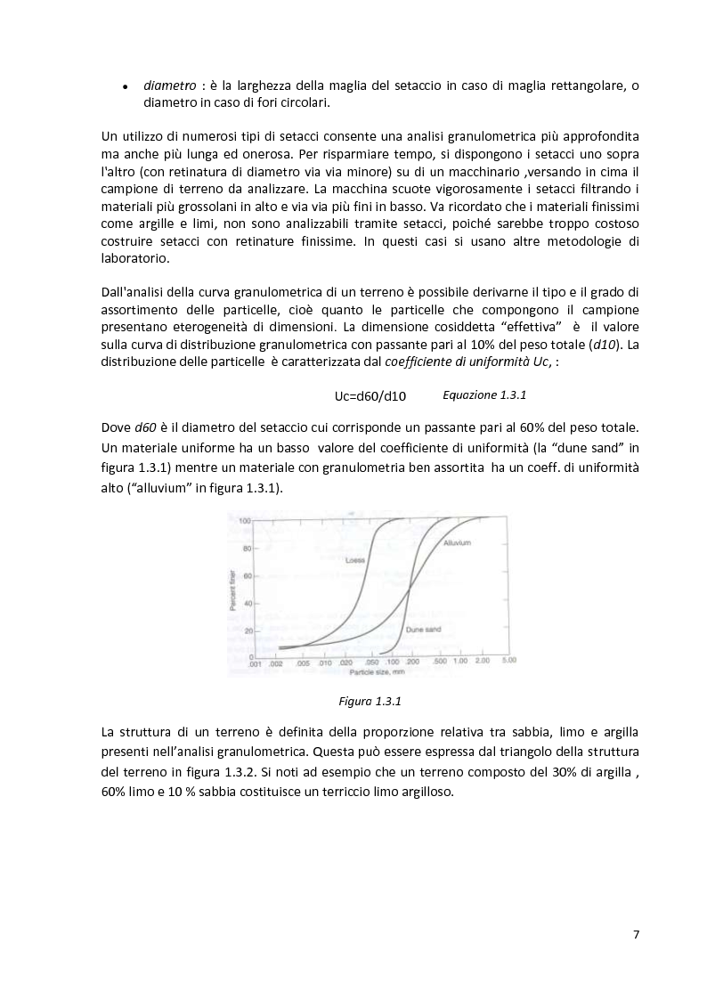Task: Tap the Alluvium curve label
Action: click(x=456, y=542)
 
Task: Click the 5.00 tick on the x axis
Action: click(x=508, y=662)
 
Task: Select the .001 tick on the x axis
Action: click(x=255, y=663)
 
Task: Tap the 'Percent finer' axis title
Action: click(x=233, y=588)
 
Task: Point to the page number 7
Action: click(x=636, y=934)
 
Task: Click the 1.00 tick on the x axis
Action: click(x=460, y=662)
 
